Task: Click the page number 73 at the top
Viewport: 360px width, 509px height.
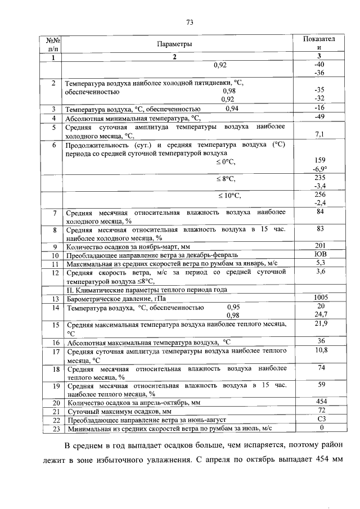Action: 190,22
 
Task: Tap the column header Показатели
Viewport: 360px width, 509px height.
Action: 319,44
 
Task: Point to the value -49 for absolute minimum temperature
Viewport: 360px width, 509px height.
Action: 319,117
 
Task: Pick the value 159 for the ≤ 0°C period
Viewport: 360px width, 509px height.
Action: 319,160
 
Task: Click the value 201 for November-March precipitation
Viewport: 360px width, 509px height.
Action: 319,246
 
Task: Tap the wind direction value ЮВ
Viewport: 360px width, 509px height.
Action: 319,254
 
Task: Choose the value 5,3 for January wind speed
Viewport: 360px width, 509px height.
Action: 319,263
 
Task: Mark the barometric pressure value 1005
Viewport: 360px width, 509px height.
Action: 319,298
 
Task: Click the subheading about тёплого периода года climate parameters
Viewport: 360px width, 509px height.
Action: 147,290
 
